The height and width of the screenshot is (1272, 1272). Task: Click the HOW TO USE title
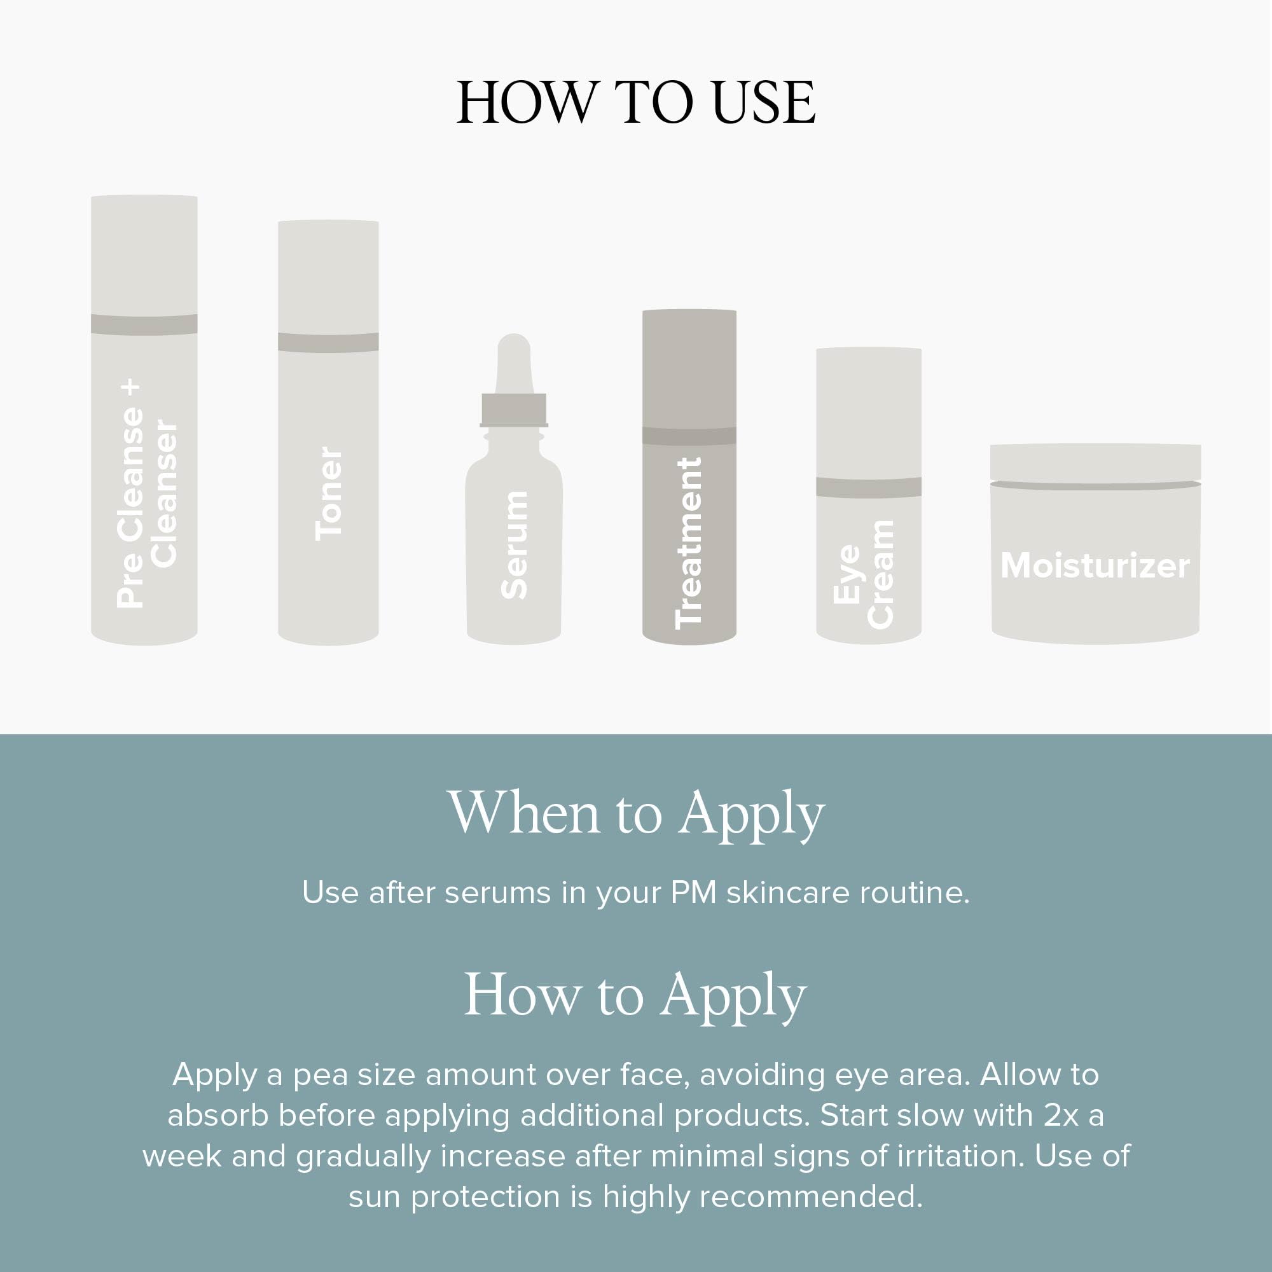click(x=636, y=102)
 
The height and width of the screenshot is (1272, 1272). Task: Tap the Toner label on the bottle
click(x=329, y=494)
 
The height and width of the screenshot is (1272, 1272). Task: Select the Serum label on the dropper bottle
click(x=514, y=545)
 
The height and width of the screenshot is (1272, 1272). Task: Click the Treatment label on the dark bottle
click(x=689, y=543)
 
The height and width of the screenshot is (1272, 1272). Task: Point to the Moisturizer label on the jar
click(x=1095, y=566)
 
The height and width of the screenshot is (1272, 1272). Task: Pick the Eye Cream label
click(x=864, y=574)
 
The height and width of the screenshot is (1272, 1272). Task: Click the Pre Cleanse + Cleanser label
click(x=146, y=494)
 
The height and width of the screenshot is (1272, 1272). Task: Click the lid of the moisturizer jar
click(x=1095, y=462)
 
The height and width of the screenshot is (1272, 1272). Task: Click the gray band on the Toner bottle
click(x=329, y=342)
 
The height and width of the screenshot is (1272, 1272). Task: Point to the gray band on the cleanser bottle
click(x=144, y=324)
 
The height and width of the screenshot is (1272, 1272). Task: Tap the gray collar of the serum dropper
click(x=514, y=410)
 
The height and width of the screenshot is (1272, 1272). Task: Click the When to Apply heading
click(x=636, y=814)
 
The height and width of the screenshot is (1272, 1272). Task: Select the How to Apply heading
click(x=636, y=995)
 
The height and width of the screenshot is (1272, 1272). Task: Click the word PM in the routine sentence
click(x=693, y=894)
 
